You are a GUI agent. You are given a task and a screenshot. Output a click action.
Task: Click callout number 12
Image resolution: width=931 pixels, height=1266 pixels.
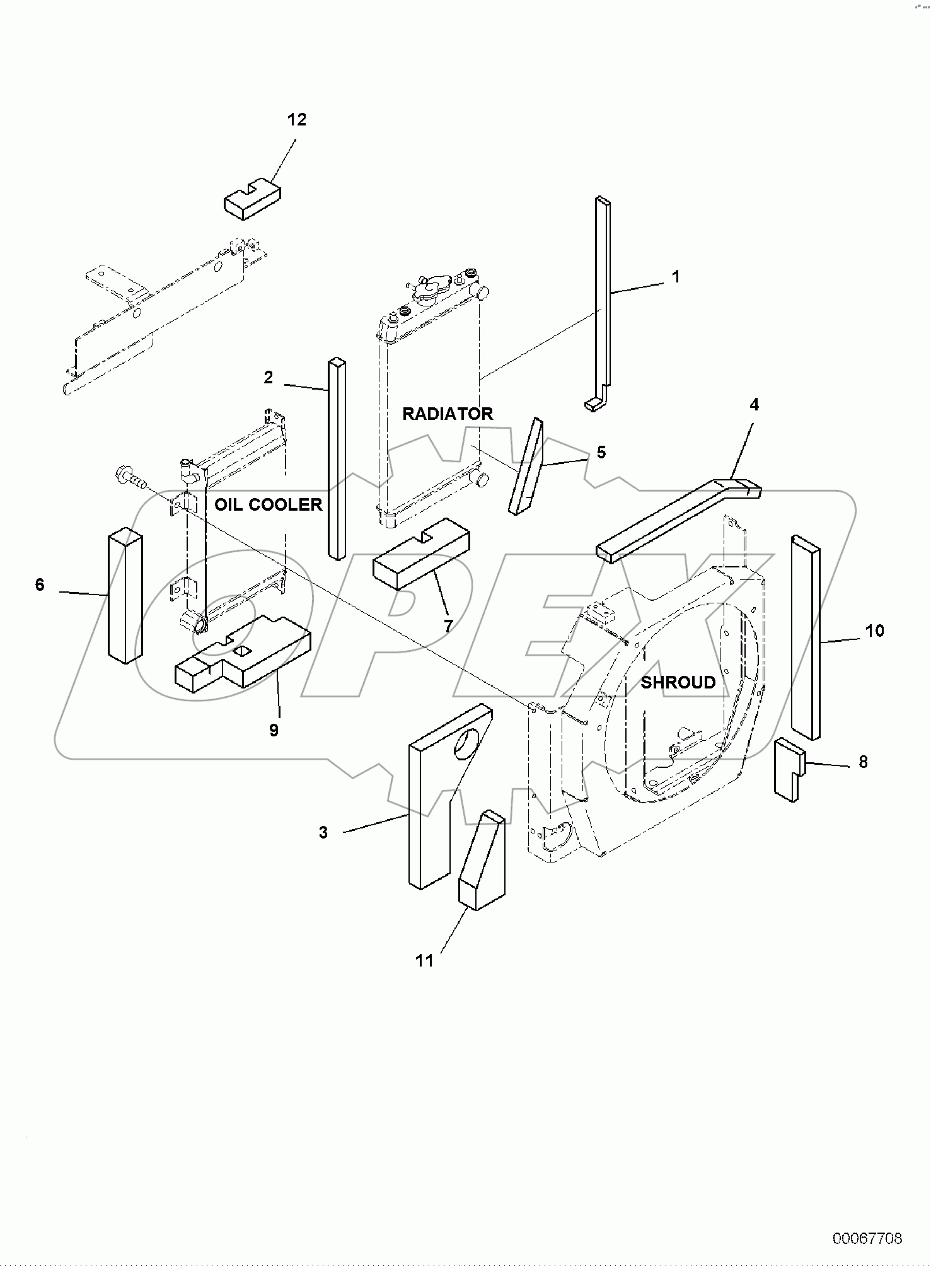pos(297,120)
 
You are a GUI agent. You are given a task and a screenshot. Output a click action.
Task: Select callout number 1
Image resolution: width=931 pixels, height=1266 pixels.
pos(675,277)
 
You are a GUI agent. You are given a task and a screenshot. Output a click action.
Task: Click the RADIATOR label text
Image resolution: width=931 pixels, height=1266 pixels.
pos(448,414)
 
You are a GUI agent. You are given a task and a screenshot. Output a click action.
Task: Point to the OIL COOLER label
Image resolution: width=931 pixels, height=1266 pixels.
pos(268,504)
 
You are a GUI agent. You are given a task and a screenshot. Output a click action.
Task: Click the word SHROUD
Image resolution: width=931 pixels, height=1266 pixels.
pos(678,682)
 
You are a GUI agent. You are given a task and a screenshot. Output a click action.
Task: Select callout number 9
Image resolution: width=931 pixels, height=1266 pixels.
pos(274,730)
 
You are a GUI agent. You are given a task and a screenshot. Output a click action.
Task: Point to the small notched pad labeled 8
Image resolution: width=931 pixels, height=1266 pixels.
pos(789,770)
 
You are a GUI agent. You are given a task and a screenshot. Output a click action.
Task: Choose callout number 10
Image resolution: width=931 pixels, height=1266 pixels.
pos(874,630)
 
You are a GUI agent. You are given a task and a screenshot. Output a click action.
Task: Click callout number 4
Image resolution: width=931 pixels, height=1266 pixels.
pos(754,405)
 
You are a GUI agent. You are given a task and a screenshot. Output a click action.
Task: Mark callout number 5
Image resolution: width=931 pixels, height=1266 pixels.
pos(601,453)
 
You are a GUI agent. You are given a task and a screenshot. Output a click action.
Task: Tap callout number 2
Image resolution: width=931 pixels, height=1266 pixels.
pos(269,378)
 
